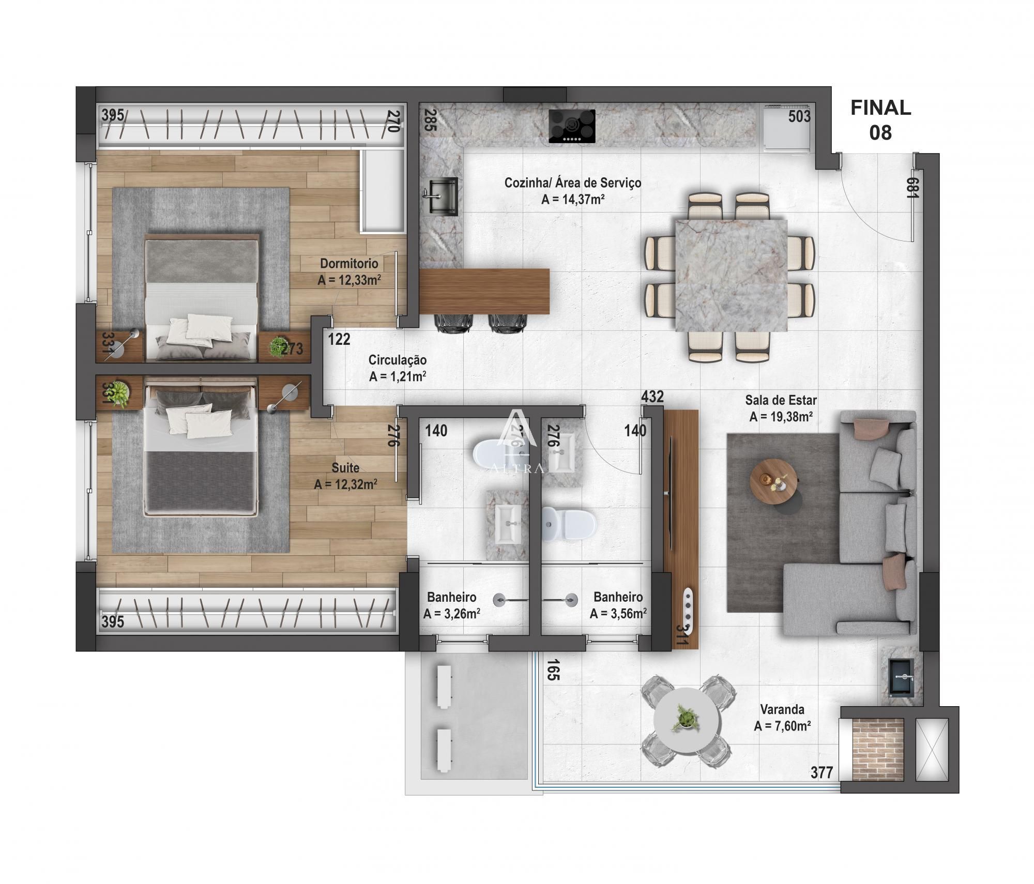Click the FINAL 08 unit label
pyautogui.click(x=880, y=120)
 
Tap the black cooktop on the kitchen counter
pyautogui.click(x=572, y=126)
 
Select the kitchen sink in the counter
pyautogui.click(x=443, y=196)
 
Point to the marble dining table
pyautogui.click(x=731, y=275)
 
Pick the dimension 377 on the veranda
pyautogui.click(x=822, y=772)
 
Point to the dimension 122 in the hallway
pyautogui.click(x=339, y=339)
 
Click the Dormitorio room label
pyautogui.click(x=349, y=264)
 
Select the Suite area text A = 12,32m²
pyautogui.click(x=345, y=484)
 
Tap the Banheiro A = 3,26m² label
pyautogui.click(x=451, y=605)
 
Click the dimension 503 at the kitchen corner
pyautogui.click(x=799, y=117)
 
